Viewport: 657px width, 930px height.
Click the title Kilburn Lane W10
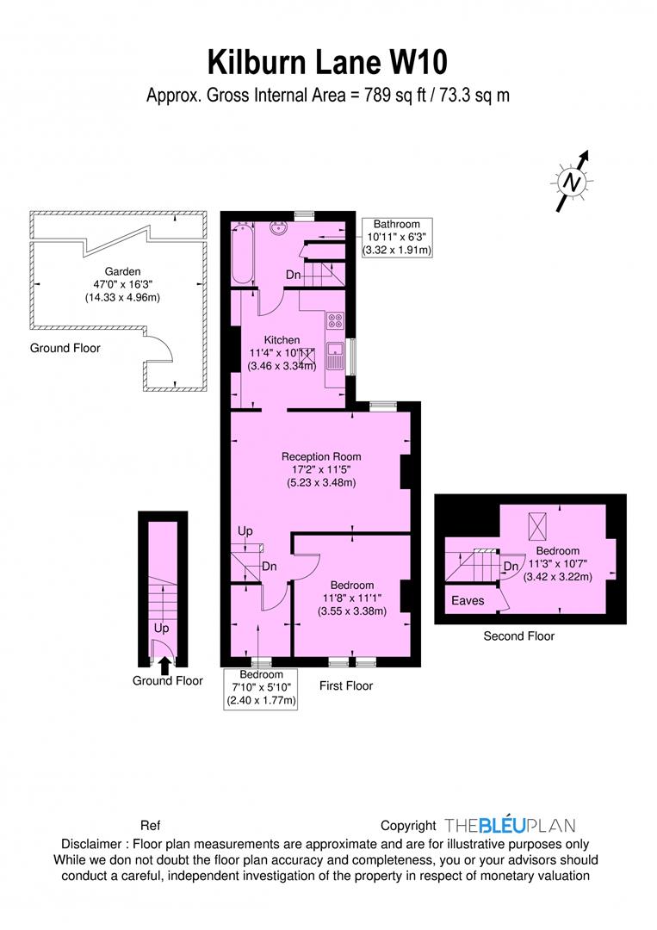pos(328,62)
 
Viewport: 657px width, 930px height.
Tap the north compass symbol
pos(571,182)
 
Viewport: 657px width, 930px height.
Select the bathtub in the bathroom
pos(243,253)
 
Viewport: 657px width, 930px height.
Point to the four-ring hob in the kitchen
pos(335,322)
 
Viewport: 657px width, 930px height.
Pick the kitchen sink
pos(335,356)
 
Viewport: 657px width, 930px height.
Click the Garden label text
pos(117,268)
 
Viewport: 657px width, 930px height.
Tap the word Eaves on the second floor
pos(468,600)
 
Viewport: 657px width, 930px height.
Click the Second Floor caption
pos(518,636)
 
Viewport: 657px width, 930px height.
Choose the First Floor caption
pos(345,686)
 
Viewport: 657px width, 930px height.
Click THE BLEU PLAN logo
pos(510,825)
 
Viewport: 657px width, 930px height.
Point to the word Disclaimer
pos(94,844)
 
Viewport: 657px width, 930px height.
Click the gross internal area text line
pos(328,95)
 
